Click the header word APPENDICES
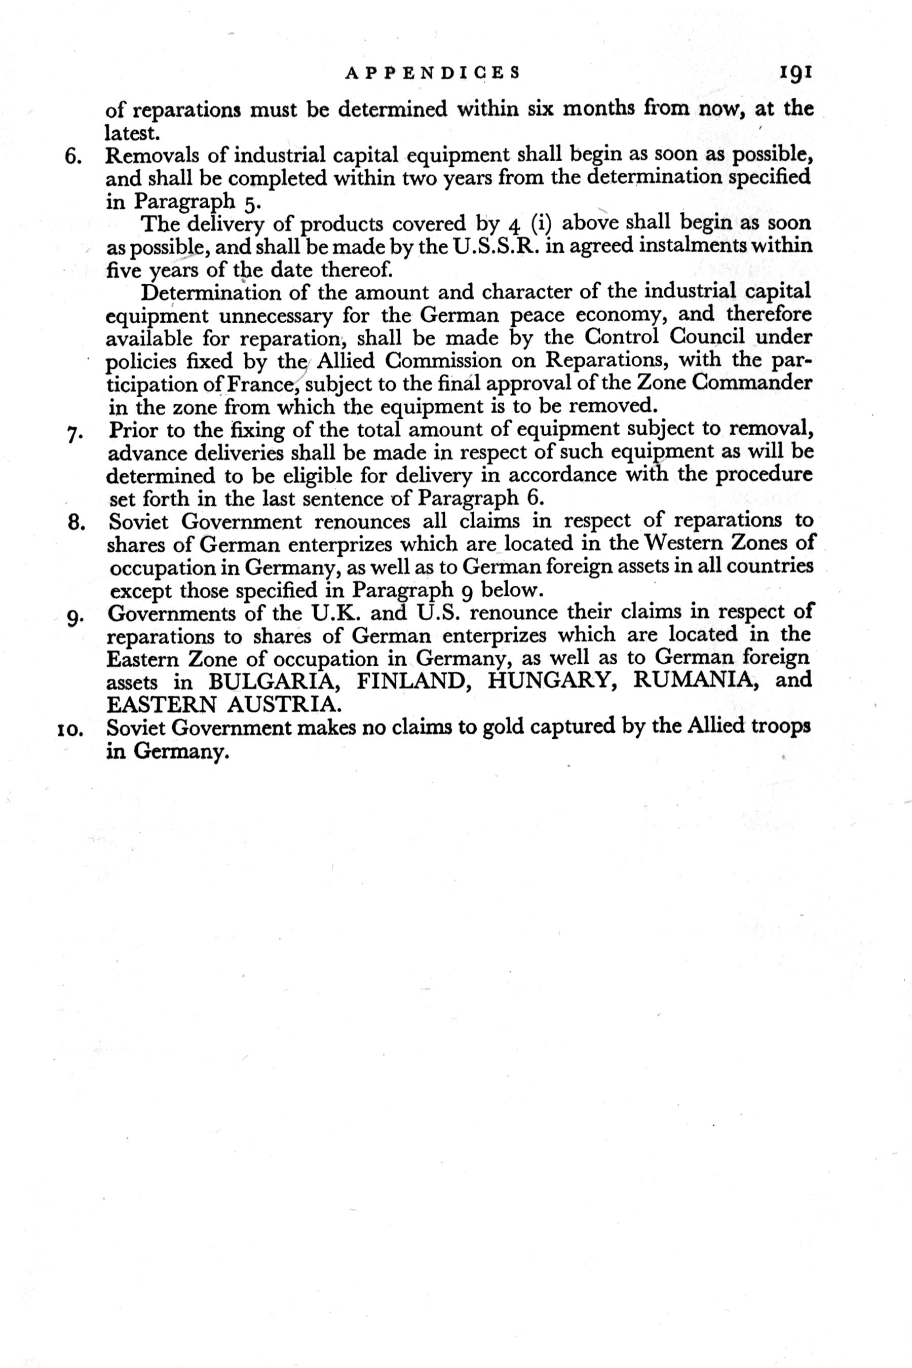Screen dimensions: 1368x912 pos(432,73)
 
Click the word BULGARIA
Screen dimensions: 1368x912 pos(276,680)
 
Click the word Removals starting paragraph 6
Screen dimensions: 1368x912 pos(149,157)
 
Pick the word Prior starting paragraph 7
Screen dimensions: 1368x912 pos(133,431)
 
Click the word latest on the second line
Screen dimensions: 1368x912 pos(131,134)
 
